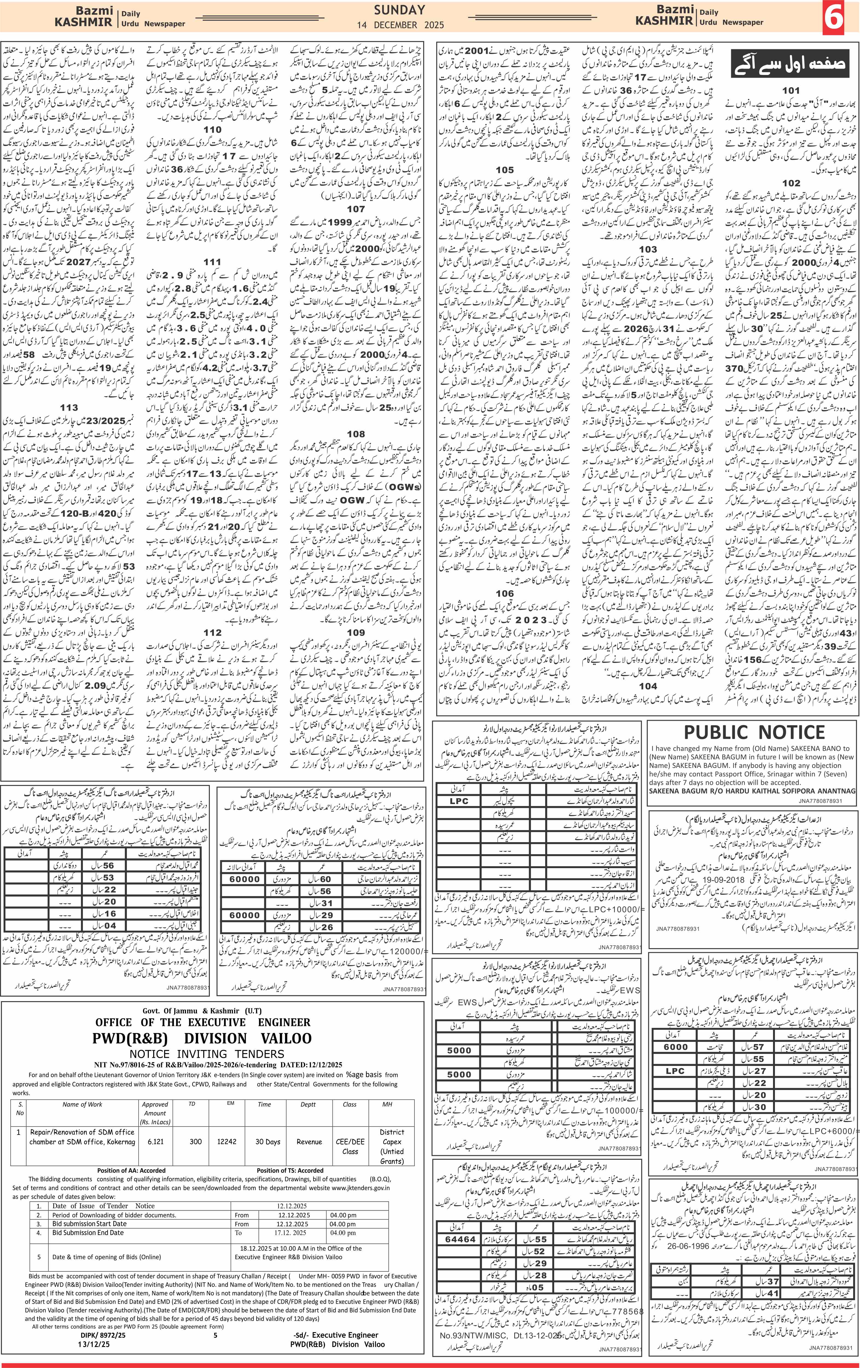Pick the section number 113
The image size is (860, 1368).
[x=69, y=407]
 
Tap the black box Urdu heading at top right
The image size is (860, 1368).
[x=789, y=64]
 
